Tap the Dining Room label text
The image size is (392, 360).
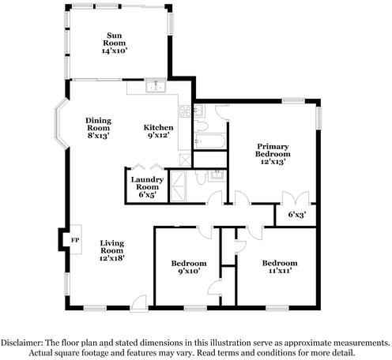99,124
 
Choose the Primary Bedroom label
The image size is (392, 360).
272,150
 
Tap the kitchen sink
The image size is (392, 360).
156,86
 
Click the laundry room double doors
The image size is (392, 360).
145,169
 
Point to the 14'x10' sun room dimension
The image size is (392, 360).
115,50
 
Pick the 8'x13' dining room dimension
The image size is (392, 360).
99,136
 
